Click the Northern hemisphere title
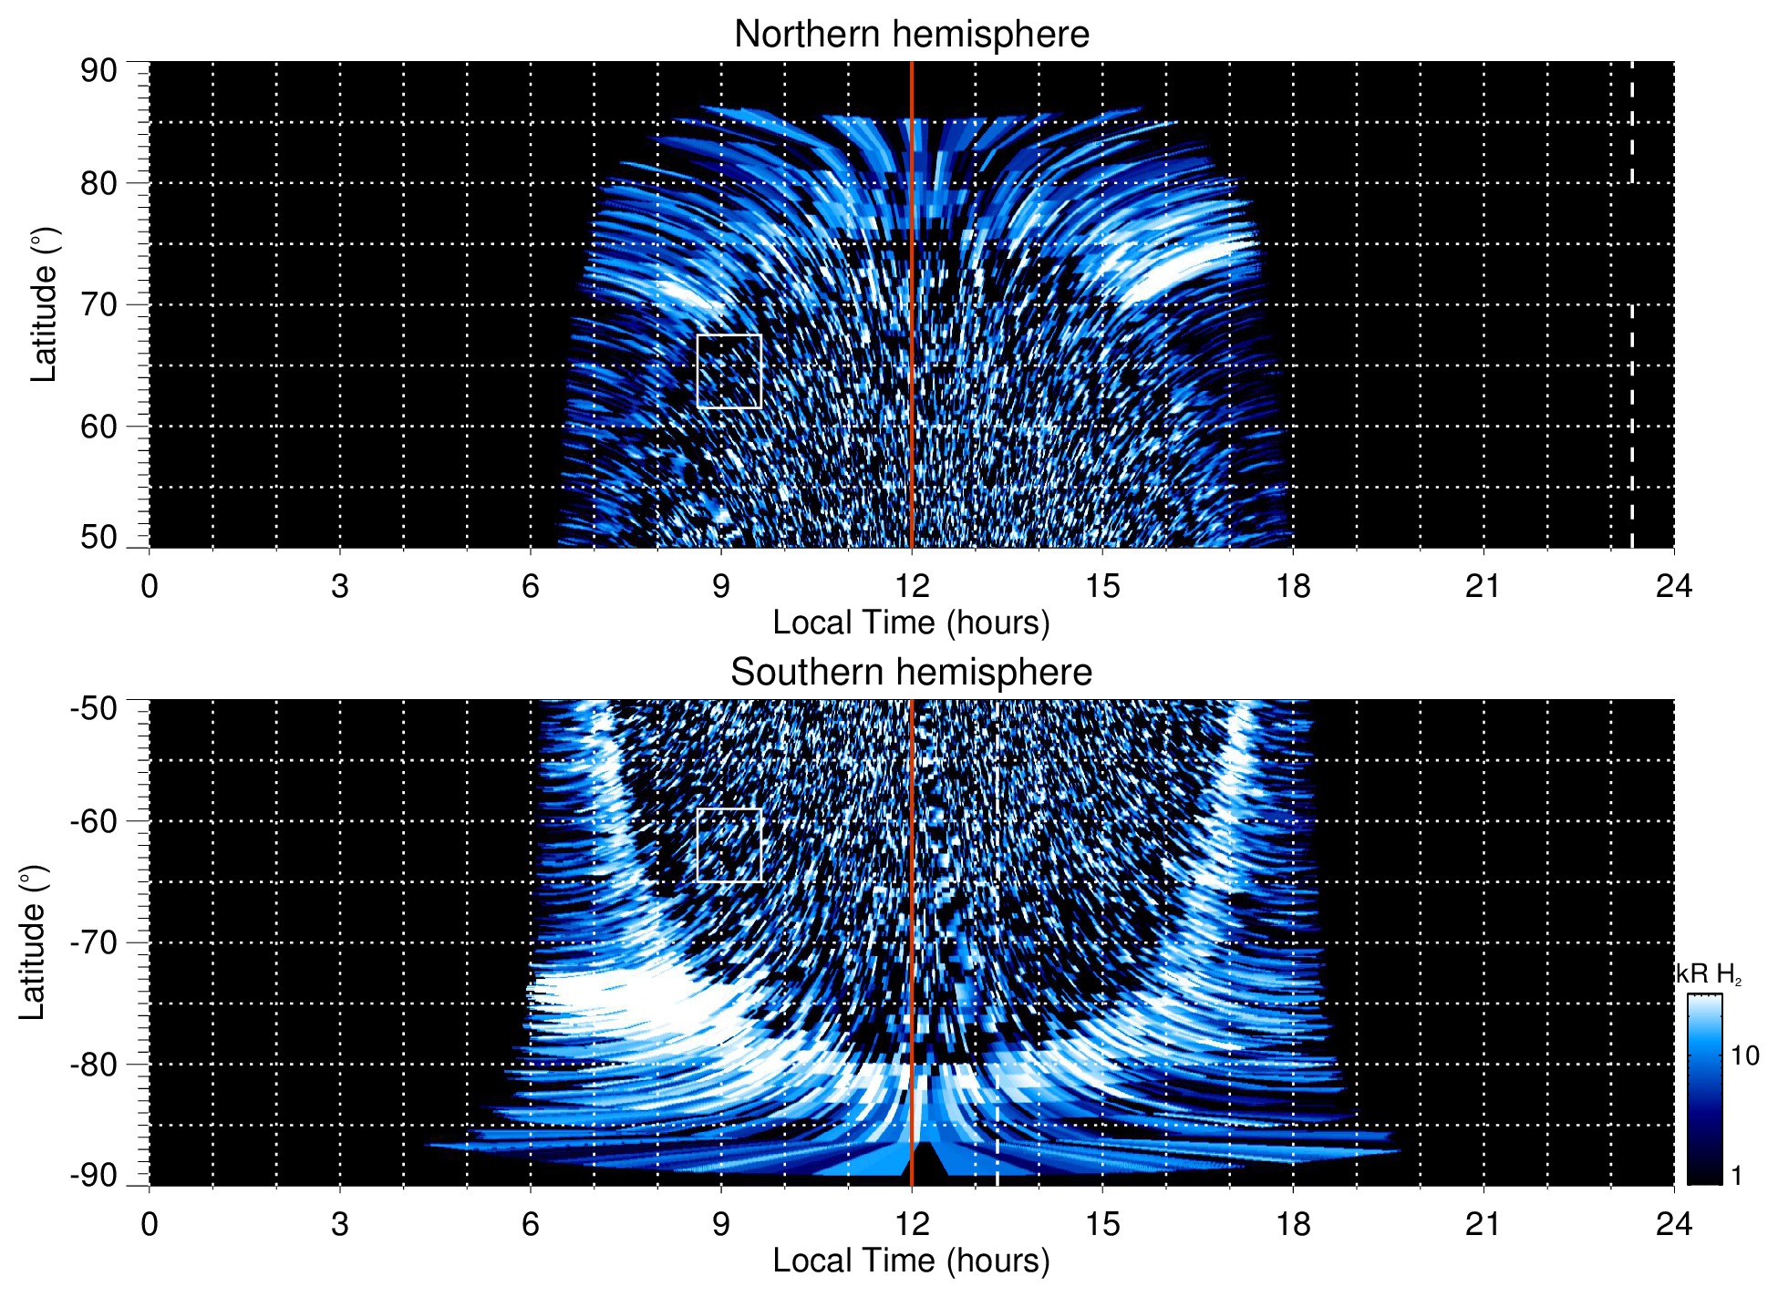point(911,35)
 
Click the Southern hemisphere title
point(911,673)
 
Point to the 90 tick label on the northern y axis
point(98,71)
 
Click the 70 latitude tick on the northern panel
point(98,304)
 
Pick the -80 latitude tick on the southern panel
point(93,1065)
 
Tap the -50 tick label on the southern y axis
point(93,708)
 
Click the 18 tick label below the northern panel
point(1292,586)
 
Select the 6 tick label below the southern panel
point(530,1224)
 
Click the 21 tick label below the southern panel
point(1483,1224)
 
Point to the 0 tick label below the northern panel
point(150,586)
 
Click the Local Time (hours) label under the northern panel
point(911,623)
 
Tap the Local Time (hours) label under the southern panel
point(911,1261)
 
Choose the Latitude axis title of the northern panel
point(44,304)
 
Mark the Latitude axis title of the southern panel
point(33,942)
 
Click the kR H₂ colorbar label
point(1709,974)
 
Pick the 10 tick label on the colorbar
point(1744,1055)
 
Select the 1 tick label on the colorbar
point(1736,1176)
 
